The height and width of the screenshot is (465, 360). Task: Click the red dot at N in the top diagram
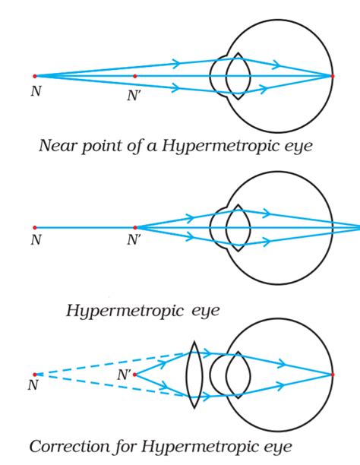click(x=35, y=76)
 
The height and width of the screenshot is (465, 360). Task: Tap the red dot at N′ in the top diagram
click(x=135, y=76)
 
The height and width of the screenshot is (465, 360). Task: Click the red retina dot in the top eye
click(x=333, y=76)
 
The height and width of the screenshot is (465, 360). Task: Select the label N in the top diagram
click(x=36, y=91)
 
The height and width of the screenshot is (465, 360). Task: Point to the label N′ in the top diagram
click(x=133, y=96)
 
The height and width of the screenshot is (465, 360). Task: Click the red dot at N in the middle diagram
click(x=35, y=227)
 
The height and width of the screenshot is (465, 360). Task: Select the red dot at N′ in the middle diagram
click(x=135, y=227)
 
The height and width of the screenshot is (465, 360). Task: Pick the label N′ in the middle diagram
click(x=133, y=239)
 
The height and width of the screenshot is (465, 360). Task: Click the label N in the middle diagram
click(x=36, y=239)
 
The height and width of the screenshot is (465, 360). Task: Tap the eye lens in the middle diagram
click(x=238, y=228)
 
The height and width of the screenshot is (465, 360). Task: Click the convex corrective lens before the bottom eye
click(x=194, y=375)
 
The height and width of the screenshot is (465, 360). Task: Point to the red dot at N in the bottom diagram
click(x=35, y=375)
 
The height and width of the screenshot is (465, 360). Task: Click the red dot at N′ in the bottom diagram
click(x=134, y=375)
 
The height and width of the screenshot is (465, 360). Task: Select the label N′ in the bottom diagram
click(x=123, y=375)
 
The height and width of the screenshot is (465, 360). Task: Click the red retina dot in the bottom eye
click(x=333, y=375)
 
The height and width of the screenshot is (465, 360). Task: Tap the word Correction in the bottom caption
click(x=70, y=447)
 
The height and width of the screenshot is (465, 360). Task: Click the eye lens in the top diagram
click(x=238, y=76)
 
